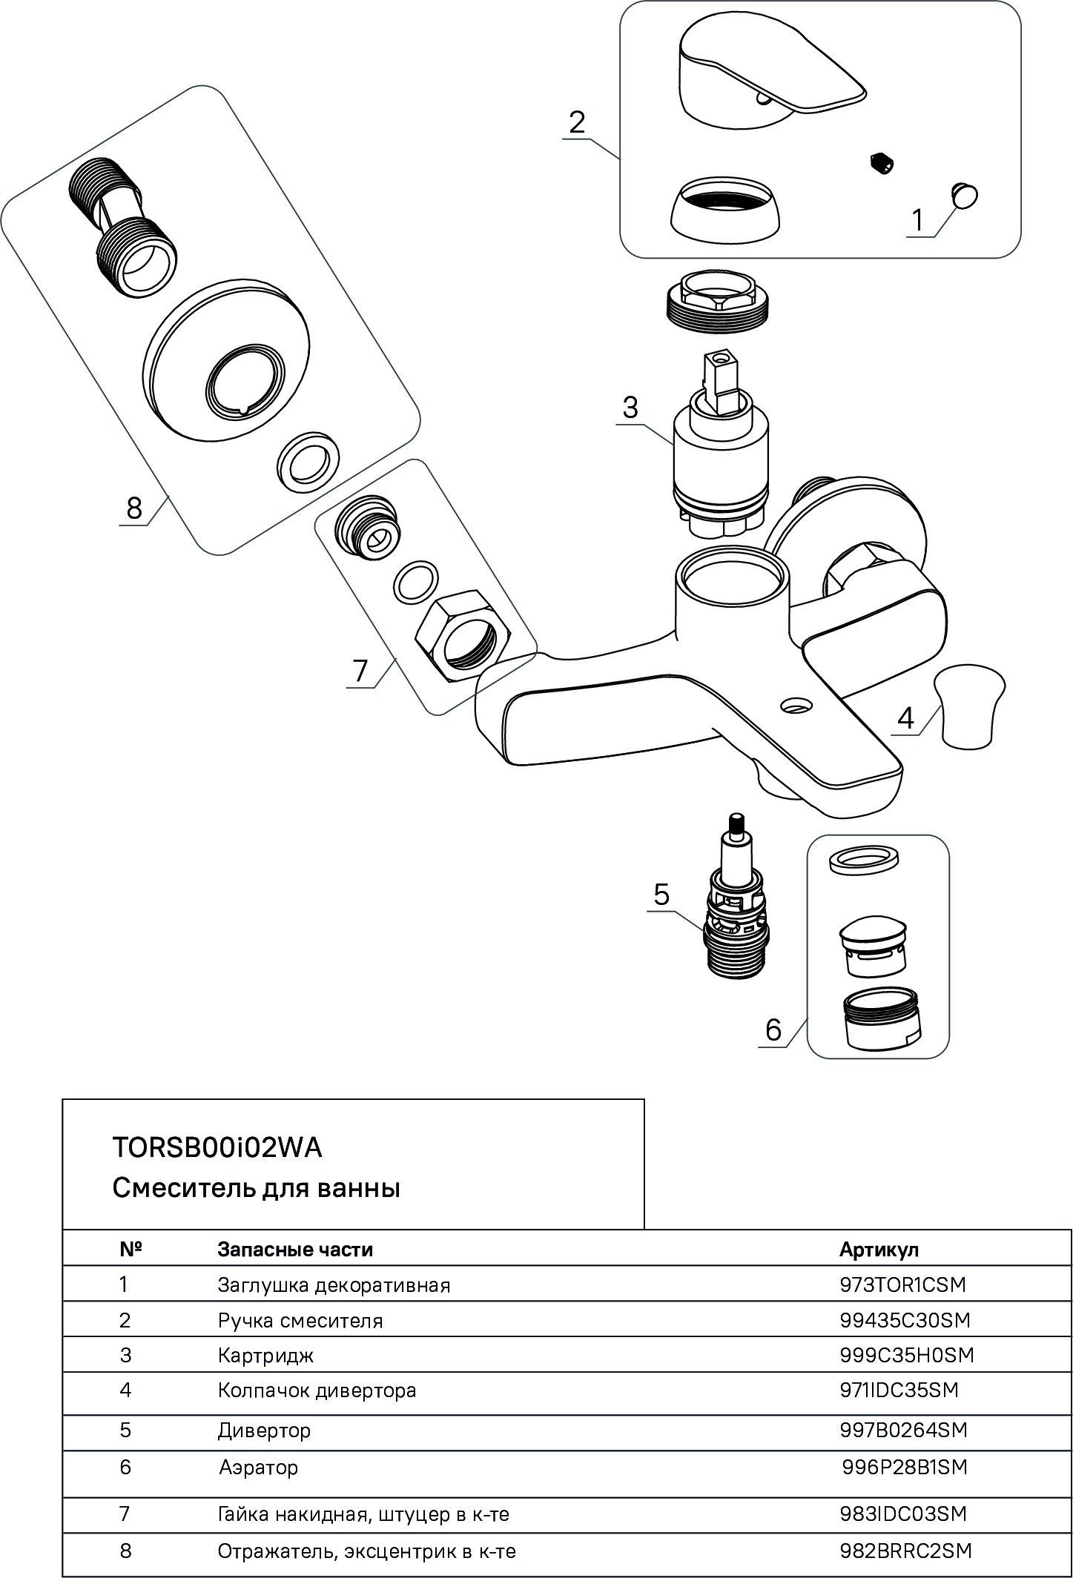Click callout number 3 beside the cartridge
tap(630, 408)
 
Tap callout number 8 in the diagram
tap(133, 508)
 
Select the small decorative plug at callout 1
tap(964, 196)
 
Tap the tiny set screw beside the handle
tap(882, 162)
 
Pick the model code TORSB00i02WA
tap(217, 1147)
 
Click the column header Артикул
tap(879, 1250)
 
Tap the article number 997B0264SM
tap(903, 1430)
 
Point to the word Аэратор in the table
tap(258, 1468)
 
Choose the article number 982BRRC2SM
tap(905, 1551)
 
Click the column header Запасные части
tap(295, 1250)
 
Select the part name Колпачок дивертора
tap(317, 1390)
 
